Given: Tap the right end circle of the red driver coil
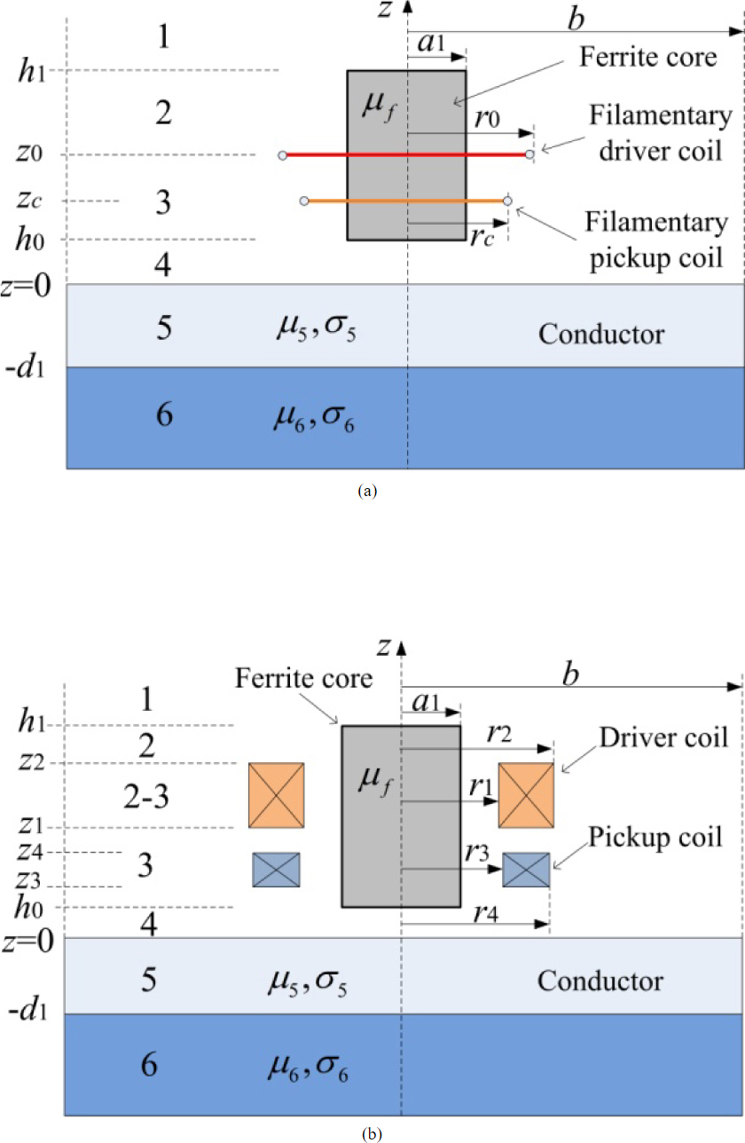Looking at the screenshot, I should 529,155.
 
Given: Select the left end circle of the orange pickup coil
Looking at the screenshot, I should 304,201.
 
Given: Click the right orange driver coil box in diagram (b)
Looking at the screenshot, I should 527,795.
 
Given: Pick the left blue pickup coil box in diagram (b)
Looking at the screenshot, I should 277,870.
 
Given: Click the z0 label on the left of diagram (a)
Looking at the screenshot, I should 30,154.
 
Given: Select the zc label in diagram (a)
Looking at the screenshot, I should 30,201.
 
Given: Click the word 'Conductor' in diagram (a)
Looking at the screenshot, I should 601,335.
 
